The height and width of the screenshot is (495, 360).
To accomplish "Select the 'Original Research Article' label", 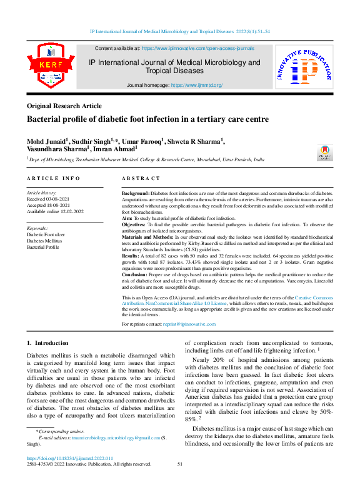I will tap(64, 106).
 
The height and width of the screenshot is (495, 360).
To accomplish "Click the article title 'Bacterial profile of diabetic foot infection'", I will tap(147, 119).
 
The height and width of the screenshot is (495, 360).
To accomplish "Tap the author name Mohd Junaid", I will tap(47, 141).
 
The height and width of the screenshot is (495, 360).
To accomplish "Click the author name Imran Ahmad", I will tap(116, 150).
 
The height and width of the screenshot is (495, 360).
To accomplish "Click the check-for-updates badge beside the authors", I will tap(326, 152).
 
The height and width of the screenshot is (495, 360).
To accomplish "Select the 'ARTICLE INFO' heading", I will tap(53, 179).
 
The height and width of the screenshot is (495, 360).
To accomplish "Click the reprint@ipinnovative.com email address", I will tap(189, 324).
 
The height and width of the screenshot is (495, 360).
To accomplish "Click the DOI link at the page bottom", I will tap(69, 458).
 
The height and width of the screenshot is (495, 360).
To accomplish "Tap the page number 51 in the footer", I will tap(180, 464).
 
